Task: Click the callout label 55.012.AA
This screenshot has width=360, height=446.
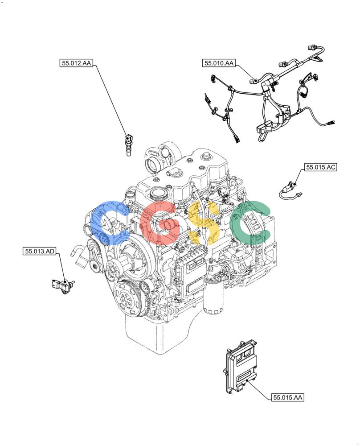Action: point(76,63)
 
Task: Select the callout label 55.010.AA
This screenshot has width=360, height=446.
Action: point(219,63)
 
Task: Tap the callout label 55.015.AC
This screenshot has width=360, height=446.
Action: point(320,167)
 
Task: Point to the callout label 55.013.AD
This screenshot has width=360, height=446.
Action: point(40,251)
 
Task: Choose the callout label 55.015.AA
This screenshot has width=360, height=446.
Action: point(287,397)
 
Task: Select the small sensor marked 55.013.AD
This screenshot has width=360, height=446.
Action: point(63,285)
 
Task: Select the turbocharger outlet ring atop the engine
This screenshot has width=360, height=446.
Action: point(151,165)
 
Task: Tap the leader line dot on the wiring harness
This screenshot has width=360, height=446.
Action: point(256,80)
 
